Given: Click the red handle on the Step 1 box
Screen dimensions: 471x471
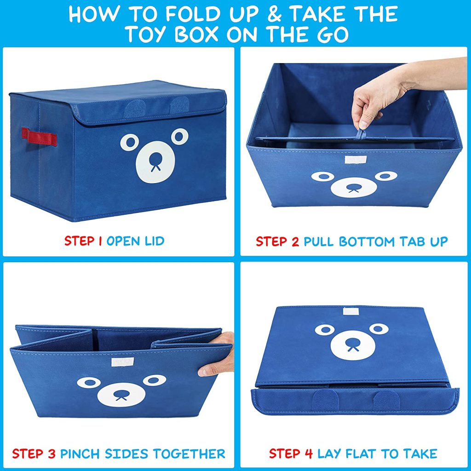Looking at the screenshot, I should pyautogui.click(x=39, y=137).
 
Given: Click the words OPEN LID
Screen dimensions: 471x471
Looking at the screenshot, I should pyautogui.click(x=135, y=241).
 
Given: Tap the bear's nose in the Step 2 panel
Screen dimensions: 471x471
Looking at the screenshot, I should pyautogui.click(x=353, y=188).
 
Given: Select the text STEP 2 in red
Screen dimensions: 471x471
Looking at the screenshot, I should pyautogui.click(x=277, y=241).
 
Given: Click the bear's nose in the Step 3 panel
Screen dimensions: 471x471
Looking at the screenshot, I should pyautogui.click(x=121, y=395).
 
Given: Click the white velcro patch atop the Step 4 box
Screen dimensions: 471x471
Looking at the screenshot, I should pyautogui.click(x=353, y=311).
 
